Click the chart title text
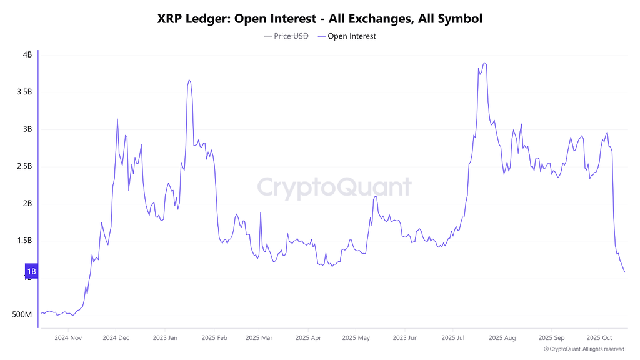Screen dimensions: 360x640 coord(319,19)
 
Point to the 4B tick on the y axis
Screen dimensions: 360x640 coord(27,55)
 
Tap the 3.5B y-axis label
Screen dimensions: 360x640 coord(24,92)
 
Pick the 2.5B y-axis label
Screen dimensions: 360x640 coord(24,166)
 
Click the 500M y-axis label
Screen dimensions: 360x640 coord(22,314)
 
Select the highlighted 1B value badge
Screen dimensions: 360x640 coord(31,271)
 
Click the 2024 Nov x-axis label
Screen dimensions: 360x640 coord(68,338)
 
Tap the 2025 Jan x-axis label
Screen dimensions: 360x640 coord(165,338)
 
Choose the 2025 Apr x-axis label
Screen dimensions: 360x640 coord(309,338)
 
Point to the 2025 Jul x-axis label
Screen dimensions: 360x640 coord(453,338)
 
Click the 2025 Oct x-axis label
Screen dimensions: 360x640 coord(599,338)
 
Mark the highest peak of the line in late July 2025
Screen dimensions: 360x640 coord(485,62)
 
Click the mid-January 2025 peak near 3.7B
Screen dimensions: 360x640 coord(189,80)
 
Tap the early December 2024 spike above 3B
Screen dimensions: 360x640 coord(117,119)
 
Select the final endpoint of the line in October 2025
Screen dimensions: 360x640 coord(624,272)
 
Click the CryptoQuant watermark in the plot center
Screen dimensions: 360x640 coord(334,187)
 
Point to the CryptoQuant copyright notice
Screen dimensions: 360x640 coord(584,349)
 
